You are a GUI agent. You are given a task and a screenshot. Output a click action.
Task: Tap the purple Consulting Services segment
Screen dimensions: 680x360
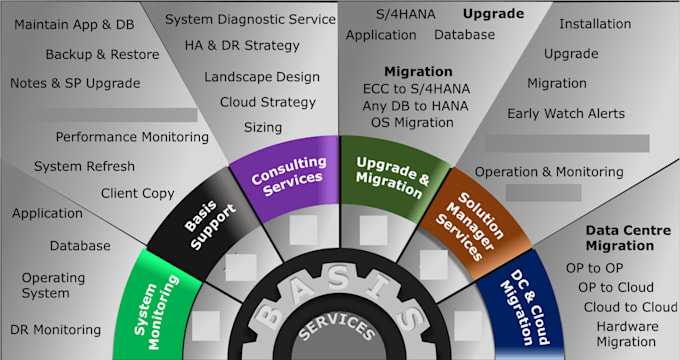pos(289,171)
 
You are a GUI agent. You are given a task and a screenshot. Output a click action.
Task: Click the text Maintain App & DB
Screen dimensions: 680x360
pos(74,23)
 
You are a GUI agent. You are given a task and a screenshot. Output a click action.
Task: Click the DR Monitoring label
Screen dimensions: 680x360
pos(56,329)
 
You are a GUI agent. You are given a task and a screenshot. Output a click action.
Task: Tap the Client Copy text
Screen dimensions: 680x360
pos(138,193)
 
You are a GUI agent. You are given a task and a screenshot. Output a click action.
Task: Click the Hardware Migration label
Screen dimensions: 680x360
pos(627,334)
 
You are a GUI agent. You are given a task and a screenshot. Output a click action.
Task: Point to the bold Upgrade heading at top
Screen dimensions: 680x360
pos(493,13)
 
